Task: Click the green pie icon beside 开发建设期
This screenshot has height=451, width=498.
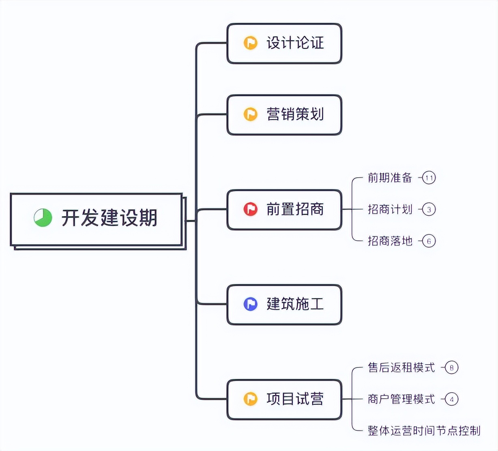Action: (43, 218)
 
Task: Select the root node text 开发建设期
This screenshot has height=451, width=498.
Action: (109, 218)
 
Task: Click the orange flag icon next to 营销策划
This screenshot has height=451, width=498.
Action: (251, 114)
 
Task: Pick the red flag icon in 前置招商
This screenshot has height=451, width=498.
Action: (251, 209)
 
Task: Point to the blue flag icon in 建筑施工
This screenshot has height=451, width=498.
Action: (251, 304)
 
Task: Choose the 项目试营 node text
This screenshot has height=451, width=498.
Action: (295, 399)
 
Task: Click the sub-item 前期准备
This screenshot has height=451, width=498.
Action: (390, 178)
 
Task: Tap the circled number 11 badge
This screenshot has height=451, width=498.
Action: (429, 178)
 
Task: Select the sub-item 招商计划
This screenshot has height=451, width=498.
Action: (390, 209)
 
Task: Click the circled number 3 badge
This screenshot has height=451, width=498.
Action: (429, 209)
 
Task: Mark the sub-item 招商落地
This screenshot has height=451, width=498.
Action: (390, 241)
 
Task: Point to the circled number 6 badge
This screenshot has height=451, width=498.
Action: (429, 241)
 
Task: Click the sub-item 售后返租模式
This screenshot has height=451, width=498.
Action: (401, 367)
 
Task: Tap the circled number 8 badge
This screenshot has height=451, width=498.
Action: (451, 367)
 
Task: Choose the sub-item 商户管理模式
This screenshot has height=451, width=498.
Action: (401, 399)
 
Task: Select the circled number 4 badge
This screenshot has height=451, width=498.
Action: (451, 399)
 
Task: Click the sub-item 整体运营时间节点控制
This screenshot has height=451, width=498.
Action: (424, 430)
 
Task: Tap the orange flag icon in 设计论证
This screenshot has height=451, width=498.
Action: (251, 43)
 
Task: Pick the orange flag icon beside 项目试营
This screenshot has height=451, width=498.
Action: (251, 399)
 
